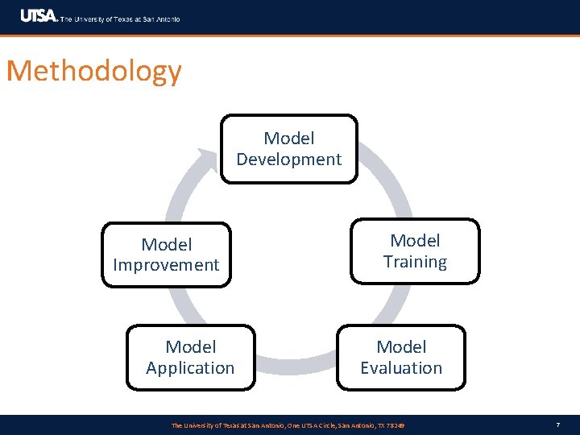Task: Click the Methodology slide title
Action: pos(93,72)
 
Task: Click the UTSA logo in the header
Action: pos(39,16)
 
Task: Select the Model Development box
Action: pos(288,149)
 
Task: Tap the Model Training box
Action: pos(415,251)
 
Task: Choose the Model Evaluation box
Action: pos(400,358)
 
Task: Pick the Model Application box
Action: pos(190,358)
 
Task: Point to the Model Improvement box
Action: pos(166,255)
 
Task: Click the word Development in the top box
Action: pos(288,159)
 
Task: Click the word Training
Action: pos(415,262)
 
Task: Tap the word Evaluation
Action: pos(400,368)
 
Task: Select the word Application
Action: pos(190,368)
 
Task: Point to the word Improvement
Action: pos(166,265)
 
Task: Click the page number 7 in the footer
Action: pos(557,425)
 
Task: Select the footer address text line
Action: pos(288,425)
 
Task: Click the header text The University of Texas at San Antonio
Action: pos(121,19)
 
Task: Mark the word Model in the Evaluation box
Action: pos(400,347)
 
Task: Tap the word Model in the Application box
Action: pos(190,347)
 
